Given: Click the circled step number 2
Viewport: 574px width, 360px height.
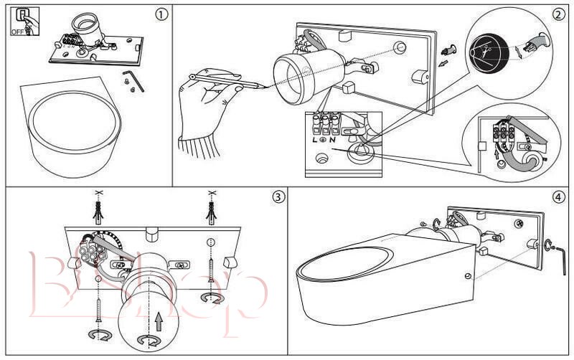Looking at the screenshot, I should [x=557, y=14].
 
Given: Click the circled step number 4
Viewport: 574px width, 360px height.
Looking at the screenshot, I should [x=557, y=196].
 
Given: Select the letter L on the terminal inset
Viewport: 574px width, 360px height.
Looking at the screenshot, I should [x=314, y=139].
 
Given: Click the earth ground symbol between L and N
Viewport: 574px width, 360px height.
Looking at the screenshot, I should [x=324, y=139].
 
